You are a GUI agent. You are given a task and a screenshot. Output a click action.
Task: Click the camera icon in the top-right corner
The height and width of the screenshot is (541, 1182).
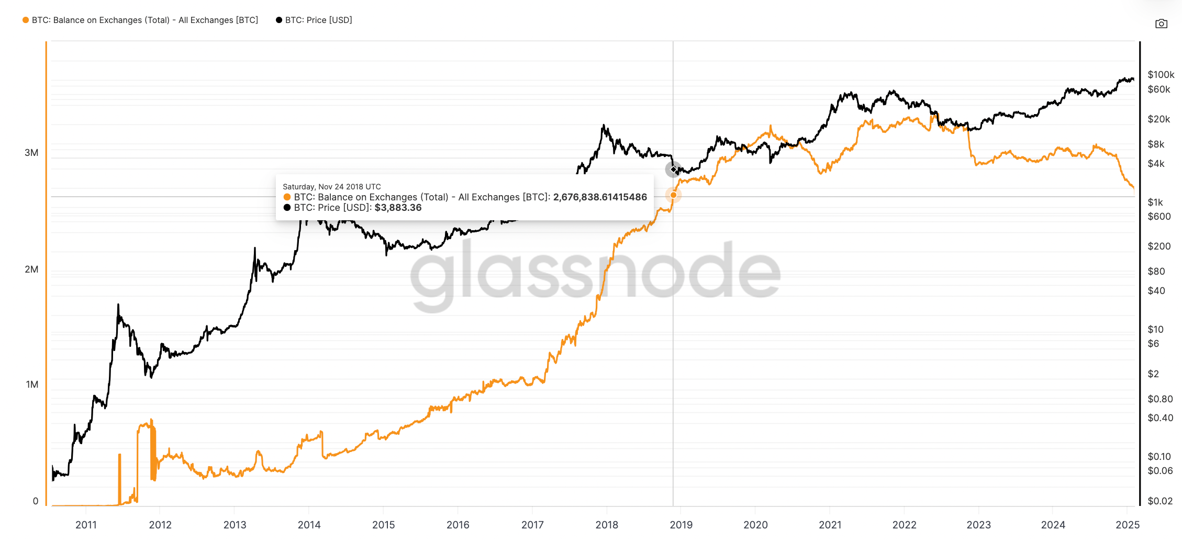pos(1161,24)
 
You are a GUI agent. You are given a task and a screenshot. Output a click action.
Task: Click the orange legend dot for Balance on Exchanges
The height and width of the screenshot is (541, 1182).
pos(26,20)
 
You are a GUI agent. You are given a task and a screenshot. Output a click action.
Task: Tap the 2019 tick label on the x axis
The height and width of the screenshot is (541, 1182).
pos(681,525)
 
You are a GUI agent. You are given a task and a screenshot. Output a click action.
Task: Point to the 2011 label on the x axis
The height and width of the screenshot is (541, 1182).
pos(86,525)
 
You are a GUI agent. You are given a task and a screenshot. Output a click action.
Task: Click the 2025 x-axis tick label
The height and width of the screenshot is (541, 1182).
pos(1128,525)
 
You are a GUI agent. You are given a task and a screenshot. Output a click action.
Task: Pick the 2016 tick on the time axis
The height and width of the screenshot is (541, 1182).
pos(458,525)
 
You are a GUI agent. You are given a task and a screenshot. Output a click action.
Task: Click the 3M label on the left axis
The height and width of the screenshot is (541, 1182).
pos(31,153)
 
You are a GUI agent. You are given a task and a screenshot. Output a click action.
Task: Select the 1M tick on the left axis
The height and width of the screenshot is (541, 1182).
pos(32,385)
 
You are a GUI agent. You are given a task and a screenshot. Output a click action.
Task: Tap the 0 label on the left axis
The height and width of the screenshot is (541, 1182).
pos(36,501)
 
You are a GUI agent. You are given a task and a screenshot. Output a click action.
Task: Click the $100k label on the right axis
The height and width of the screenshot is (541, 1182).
pos(1161,75)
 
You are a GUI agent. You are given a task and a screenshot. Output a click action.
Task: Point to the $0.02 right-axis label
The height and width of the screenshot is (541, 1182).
pos(1160,501)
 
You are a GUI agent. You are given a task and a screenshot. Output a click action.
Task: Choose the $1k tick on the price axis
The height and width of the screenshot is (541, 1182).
pos(1155,202)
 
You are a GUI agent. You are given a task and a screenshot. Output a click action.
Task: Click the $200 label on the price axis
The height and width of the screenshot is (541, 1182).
pos(1159,246)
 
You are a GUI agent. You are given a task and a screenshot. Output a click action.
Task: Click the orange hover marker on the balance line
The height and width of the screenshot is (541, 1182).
pos(673,195)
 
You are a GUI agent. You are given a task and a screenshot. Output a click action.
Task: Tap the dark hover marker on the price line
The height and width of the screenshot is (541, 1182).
pos(673,170)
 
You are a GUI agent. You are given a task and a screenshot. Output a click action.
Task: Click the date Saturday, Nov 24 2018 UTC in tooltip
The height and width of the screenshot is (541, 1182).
pos(332,187)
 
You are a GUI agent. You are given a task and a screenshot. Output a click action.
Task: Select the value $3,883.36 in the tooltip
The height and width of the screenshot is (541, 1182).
pos(398,208)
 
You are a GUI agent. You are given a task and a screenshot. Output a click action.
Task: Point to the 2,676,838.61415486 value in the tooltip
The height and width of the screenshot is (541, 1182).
pos(600,197)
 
